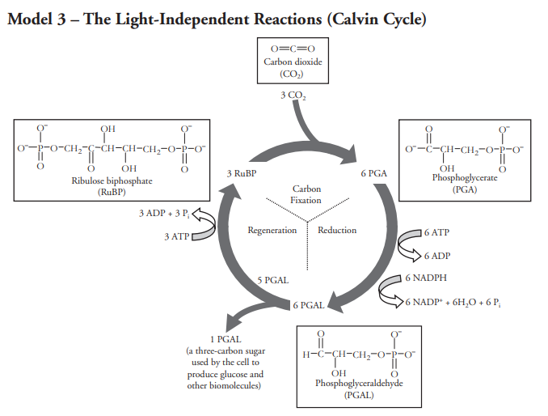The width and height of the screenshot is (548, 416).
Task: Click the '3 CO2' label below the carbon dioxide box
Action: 293,96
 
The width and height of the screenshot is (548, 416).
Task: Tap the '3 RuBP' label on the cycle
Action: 242,173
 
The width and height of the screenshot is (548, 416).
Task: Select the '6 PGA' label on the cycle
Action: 374,173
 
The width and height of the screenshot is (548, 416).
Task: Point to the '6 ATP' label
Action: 436,232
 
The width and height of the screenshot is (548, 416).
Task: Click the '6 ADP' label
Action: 437,256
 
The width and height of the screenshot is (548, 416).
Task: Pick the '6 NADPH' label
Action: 426,278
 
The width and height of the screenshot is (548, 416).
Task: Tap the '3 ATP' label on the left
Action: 177,237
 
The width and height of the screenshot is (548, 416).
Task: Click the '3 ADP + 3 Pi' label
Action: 164,214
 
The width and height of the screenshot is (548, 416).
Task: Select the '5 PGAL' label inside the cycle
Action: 273,280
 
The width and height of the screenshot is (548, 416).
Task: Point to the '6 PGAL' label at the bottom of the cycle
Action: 309,305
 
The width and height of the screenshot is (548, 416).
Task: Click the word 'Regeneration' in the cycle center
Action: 272,230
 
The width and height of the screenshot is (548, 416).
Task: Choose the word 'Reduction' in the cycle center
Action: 337,230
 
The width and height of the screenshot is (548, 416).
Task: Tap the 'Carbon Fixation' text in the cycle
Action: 306,194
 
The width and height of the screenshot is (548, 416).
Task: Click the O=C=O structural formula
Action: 293,49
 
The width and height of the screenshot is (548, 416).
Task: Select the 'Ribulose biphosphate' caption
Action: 112,180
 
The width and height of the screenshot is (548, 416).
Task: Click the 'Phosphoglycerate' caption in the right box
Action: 465,178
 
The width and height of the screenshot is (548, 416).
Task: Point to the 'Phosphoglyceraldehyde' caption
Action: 360,383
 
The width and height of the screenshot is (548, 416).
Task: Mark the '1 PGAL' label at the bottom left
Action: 226,339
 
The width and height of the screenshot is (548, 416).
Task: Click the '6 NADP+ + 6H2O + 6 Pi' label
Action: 453,303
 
